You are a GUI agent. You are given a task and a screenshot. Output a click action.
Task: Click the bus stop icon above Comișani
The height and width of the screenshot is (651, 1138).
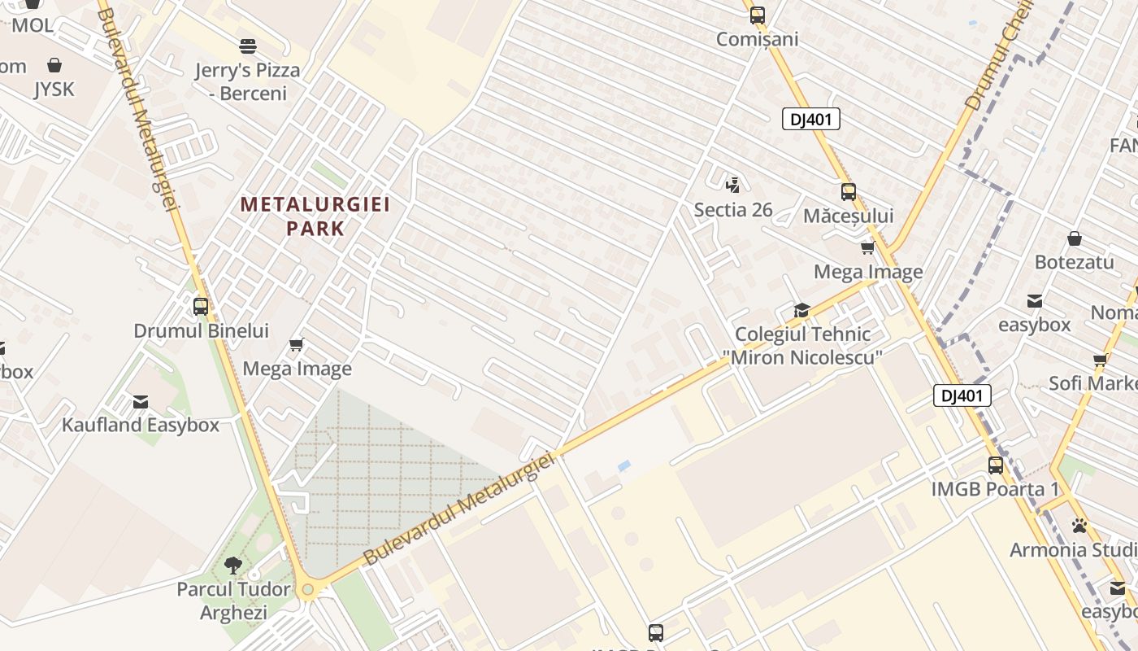pos(757,15)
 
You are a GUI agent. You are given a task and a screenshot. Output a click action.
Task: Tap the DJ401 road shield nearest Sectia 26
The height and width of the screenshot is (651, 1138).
pos(810,119)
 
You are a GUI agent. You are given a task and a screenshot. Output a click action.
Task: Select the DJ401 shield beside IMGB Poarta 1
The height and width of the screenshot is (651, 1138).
pos(962,396)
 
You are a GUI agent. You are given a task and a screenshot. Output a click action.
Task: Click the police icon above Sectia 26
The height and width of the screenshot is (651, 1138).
pos(732,184)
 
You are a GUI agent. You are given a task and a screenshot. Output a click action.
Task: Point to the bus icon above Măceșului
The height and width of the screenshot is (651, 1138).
pos(848,192)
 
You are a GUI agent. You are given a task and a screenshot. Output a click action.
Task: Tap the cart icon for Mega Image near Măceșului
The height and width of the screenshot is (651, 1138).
pos(867,247)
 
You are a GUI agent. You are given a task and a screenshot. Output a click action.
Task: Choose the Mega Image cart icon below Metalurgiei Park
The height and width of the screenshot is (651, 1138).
pos(297,344)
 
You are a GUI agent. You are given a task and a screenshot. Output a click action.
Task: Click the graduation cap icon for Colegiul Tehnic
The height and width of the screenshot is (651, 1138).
pos(801,310)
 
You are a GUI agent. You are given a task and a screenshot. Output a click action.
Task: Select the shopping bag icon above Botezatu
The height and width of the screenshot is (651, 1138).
pos(1074,238)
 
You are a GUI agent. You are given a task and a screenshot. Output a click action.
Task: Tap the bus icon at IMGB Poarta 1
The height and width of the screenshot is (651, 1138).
pos(996,465)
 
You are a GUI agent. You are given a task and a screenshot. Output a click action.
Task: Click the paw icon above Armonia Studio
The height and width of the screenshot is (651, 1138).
pos(1079,526)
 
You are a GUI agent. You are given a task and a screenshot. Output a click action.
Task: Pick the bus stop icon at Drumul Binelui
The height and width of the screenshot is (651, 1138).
pos(201,307)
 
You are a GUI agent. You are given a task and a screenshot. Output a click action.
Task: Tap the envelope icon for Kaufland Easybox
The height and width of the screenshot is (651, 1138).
pos(141,401)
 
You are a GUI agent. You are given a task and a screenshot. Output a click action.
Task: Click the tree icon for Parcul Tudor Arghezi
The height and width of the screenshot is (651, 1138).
pos(233,565)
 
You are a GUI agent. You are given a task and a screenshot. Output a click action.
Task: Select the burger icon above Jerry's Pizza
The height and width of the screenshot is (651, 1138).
pos(248,46)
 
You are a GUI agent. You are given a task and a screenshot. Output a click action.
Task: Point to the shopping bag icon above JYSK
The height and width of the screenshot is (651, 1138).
pos(54,65)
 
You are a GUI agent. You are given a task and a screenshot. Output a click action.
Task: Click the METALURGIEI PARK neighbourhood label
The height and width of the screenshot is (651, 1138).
pos(315,216)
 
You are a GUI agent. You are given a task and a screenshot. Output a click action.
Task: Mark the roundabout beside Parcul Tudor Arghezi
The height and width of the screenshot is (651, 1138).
pos(307,589)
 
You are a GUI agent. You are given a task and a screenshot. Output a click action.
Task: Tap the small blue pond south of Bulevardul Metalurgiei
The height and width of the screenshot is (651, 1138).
pos(623,466)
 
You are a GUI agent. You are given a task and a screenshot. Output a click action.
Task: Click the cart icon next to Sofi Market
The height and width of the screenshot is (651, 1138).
pos(1100,360)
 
